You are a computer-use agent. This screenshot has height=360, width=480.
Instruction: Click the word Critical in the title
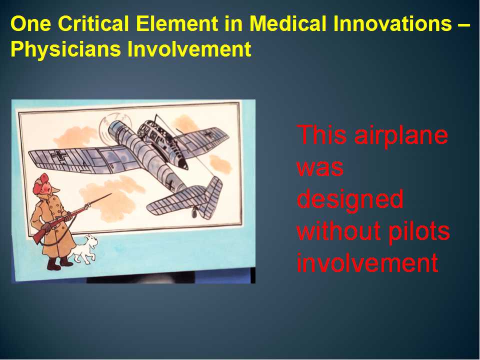pos(93,23)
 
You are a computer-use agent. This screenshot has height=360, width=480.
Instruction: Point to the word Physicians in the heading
pos(65,49)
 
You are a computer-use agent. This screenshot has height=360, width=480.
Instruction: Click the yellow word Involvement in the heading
pos(189,49)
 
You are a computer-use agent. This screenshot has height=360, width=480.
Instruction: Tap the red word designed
pos(349,199)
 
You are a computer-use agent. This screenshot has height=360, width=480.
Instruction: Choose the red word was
pos(320,168)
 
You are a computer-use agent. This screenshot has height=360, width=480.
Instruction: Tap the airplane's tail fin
pos(211,197)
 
